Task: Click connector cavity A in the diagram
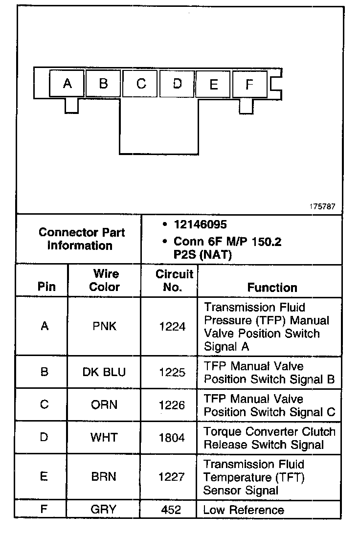(67, 84)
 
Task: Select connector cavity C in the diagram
(141, 84)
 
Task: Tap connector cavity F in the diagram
(249, 84)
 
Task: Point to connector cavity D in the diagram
(177, 84)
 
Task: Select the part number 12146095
(200, 224)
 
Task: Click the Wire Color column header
(105, 280)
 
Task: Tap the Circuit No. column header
(174, 280)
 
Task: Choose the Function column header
(272, 287)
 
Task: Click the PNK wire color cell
(105, 326)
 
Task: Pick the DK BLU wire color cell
(104, 372)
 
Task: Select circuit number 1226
(172, 405)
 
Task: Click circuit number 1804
(172, 437)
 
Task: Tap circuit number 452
(171, 510)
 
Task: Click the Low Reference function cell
(244, 510)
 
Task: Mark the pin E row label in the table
(44, 477)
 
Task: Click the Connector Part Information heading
(81, 239)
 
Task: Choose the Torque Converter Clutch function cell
(270, 438)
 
